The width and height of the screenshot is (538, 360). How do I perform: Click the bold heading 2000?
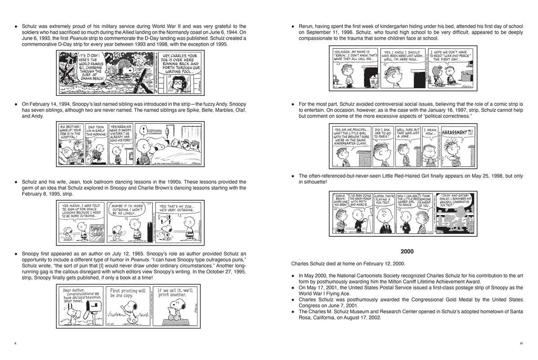[x=406, y=251]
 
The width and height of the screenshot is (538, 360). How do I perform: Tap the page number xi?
[x=521, y=343]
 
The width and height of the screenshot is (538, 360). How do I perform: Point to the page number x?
[x=15, y=343]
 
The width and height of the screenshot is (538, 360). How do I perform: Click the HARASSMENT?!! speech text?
[x=457, y=133]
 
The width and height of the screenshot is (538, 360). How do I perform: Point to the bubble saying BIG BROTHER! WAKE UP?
[x=70, y=130]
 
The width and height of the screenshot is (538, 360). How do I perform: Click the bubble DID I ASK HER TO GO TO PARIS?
[x=384, y=133]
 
